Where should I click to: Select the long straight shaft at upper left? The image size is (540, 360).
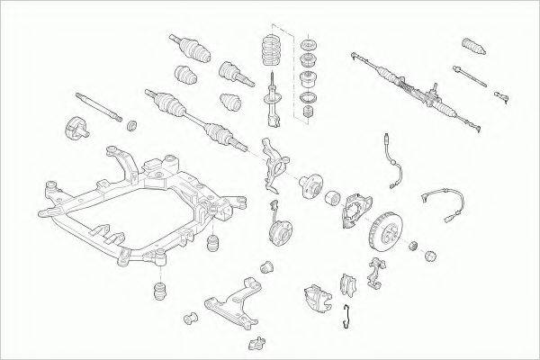pyautogui.click(x=99, y=106)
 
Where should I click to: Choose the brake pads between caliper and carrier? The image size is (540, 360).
pyautogui.click(x=346, y=283)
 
